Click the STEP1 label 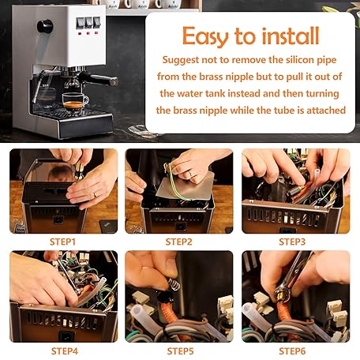coord(62,242)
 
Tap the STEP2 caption coord(179,242)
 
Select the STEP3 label coord(292,242)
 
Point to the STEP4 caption coord(65,351)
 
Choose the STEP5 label coord(180,351)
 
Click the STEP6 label coord(292,351)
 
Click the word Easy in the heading coord(206,36)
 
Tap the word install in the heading coord(291,36)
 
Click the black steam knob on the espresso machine coord(45,26)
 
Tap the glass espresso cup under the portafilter coord(75,102)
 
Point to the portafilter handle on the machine coord(100,79)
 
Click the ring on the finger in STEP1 coord(95,195)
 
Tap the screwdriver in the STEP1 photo coord(79,171)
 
